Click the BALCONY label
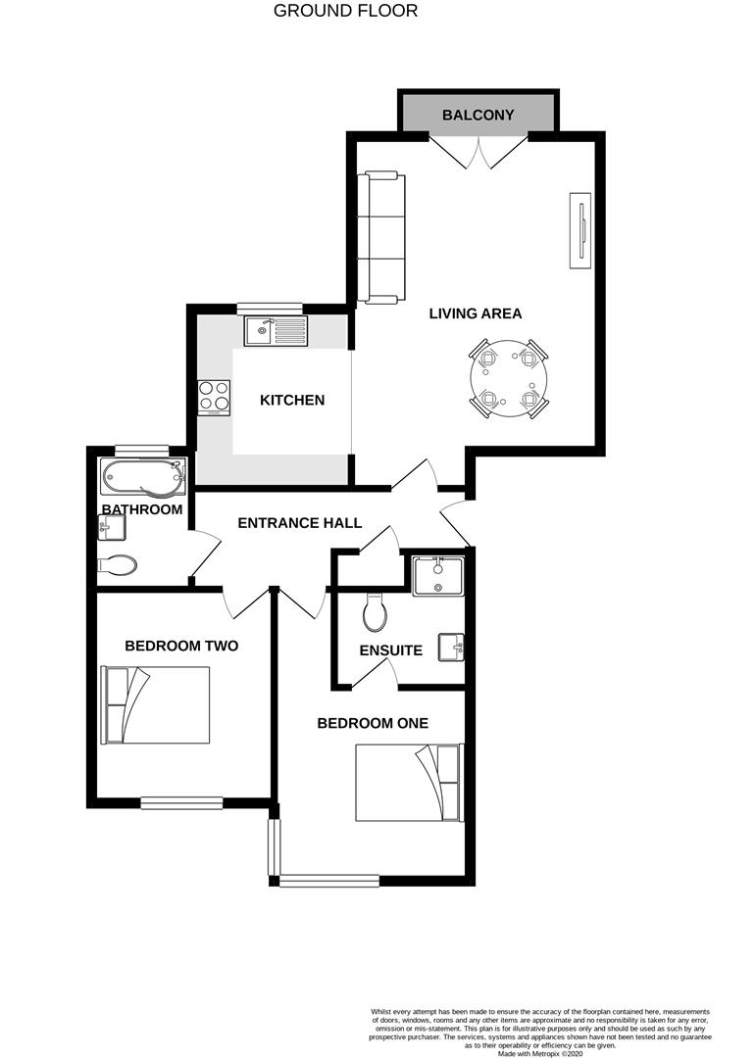(x=478, y=115)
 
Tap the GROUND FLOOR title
(x=345, y=11)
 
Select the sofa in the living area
(x=381, y=237)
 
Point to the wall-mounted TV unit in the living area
(x=580, y=231)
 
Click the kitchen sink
(x=276, y=331)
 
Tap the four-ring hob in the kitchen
(x=214, y=398)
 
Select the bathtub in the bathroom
(x=142, y=477)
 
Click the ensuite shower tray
(x=438, y=576)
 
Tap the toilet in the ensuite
(x=374, y=612)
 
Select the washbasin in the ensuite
(x=451, y=648)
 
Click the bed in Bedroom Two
(x=155, y=705)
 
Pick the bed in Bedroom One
(x=410, y=783)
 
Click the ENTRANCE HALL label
(x=299, y=523)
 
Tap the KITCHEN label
(x=292, y=400)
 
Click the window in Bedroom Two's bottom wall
(x=181, y=802)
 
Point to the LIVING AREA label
(x=476, y=313)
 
